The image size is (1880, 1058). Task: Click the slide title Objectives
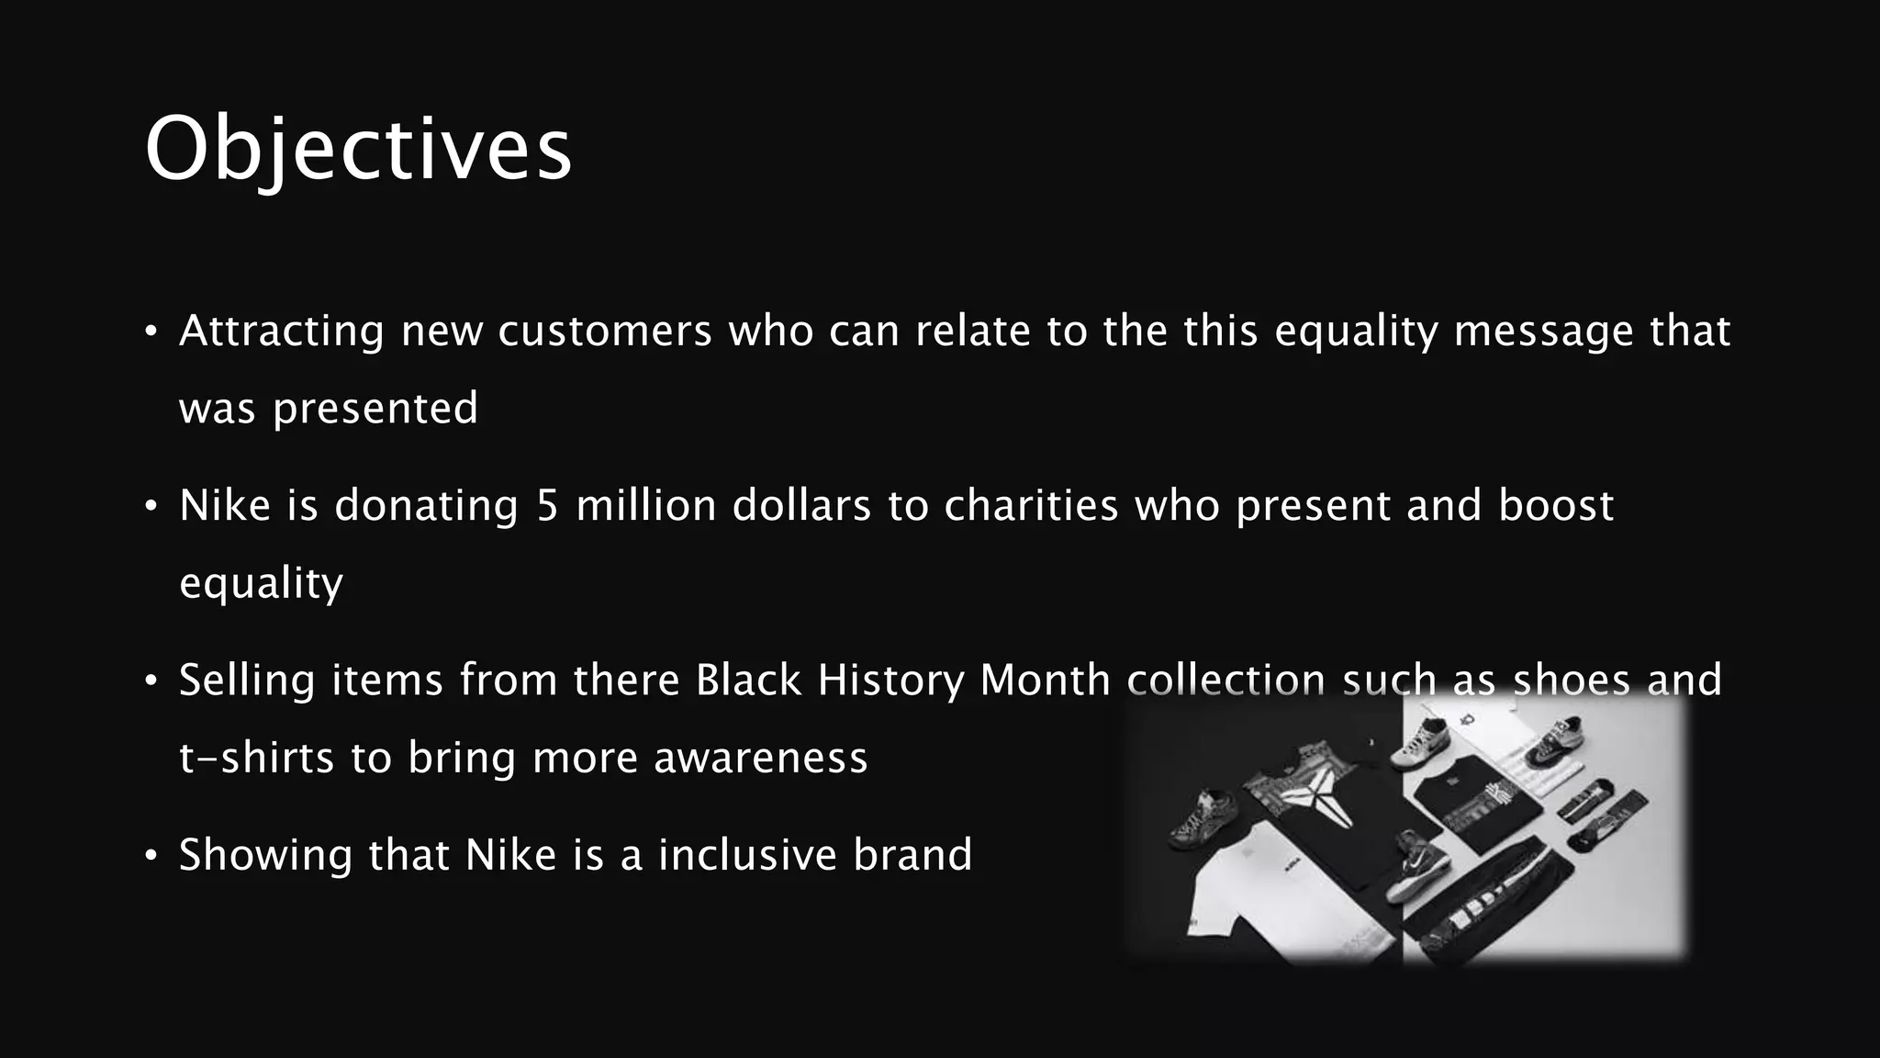tap(358, 150)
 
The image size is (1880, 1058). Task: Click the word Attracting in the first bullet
tap(281, 331)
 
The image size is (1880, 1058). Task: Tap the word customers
tap(605, 331)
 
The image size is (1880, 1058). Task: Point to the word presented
tap(375, 409)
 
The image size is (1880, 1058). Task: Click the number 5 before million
tap(547, 506)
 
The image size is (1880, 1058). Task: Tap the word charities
tap(1031, 506)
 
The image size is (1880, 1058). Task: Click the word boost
tap(1556, 506)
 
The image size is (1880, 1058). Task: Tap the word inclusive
tap(747, 855)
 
